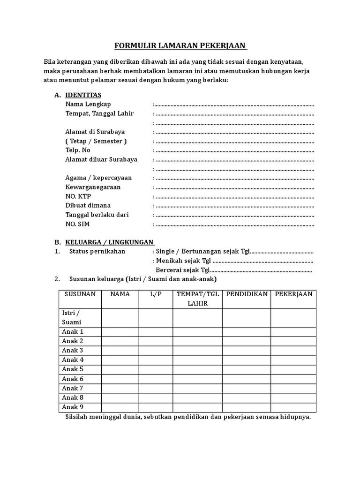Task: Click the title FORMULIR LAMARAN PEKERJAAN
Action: coord(181,46)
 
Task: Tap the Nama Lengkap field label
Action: coord(88,104)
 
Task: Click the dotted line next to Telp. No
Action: coord(234,150)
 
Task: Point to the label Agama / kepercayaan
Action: coord(98,178)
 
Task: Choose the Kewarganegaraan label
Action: coord(93,187)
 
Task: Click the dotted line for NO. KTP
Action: coord(234,196)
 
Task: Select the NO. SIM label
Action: coord(77,224)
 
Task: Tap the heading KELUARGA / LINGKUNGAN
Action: coord(110,242)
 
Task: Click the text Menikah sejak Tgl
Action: coord(184,261)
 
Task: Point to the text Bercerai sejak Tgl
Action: coord(182,270)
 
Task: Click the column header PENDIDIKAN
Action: coord(247,294)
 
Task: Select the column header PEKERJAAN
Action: coord(293,294)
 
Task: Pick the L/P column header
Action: coord(156,294)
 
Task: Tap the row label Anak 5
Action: coord(73,369)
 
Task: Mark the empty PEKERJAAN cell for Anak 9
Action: coord(293,407)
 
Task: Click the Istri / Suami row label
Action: coord(71,317)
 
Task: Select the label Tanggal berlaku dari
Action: coord(97,215)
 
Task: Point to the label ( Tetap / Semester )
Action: coord(96,141)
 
